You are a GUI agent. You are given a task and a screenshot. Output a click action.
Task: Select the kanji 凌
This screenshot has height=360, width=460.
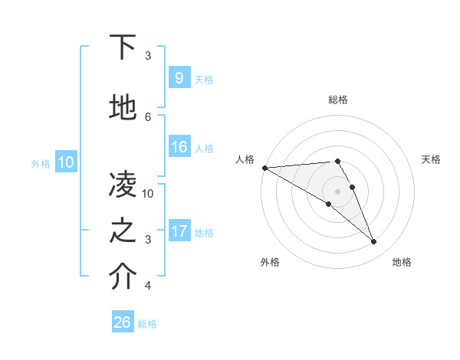coord(123,183)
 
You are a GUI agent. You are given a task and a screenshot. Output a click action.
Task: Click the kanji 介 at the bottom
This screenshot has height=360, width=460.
coord(123,277)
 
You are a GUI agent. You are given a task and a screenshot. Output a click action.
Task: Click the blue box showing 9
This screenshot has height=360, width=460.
coord(179,77)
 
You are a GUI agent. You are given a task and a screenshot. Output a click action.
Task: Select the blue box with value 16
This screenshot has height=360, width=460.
coord(179,147)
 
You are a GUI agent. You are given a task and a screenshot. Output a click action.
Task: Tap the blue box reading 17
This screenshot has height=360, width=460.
coord(179,231)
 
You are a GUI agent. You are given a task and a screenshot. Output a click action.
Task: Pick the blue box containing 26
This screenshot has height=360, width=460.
coord(123,322)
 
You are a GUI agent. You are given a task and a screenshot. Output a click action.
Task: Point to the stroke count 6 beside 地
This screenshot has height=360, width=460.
coord(148,116)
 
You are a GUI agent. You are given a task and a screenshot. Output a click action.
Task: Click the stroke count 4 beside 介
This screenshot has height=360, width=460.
coord(148,286)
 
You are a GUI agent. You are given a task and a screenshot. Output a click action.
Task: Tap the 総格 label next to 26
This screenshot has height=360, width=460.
coord(147,324)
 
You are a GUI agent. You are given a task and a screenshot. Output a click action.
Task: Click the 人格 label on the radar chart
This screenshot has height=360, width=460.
coord(245,159)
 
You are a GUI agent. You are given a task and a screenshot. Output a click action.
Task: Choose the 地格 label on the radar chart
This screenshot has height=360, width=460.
coord(402,262)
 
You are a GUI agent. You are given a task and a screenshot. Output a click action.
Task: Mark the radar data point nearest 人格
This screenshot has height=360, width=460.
coord(264,168)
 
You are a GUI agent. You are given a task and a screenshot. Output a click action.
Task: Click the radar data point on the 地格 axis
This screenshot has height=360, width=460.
coord(374,242)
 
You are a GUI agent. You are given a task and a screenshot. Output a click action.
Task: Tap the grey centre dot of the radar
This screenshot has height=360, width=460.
coord(337,191)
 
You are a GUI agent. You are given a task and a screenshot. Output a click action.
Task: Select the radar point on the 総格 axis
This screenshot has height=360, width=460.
coord(337,161)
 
